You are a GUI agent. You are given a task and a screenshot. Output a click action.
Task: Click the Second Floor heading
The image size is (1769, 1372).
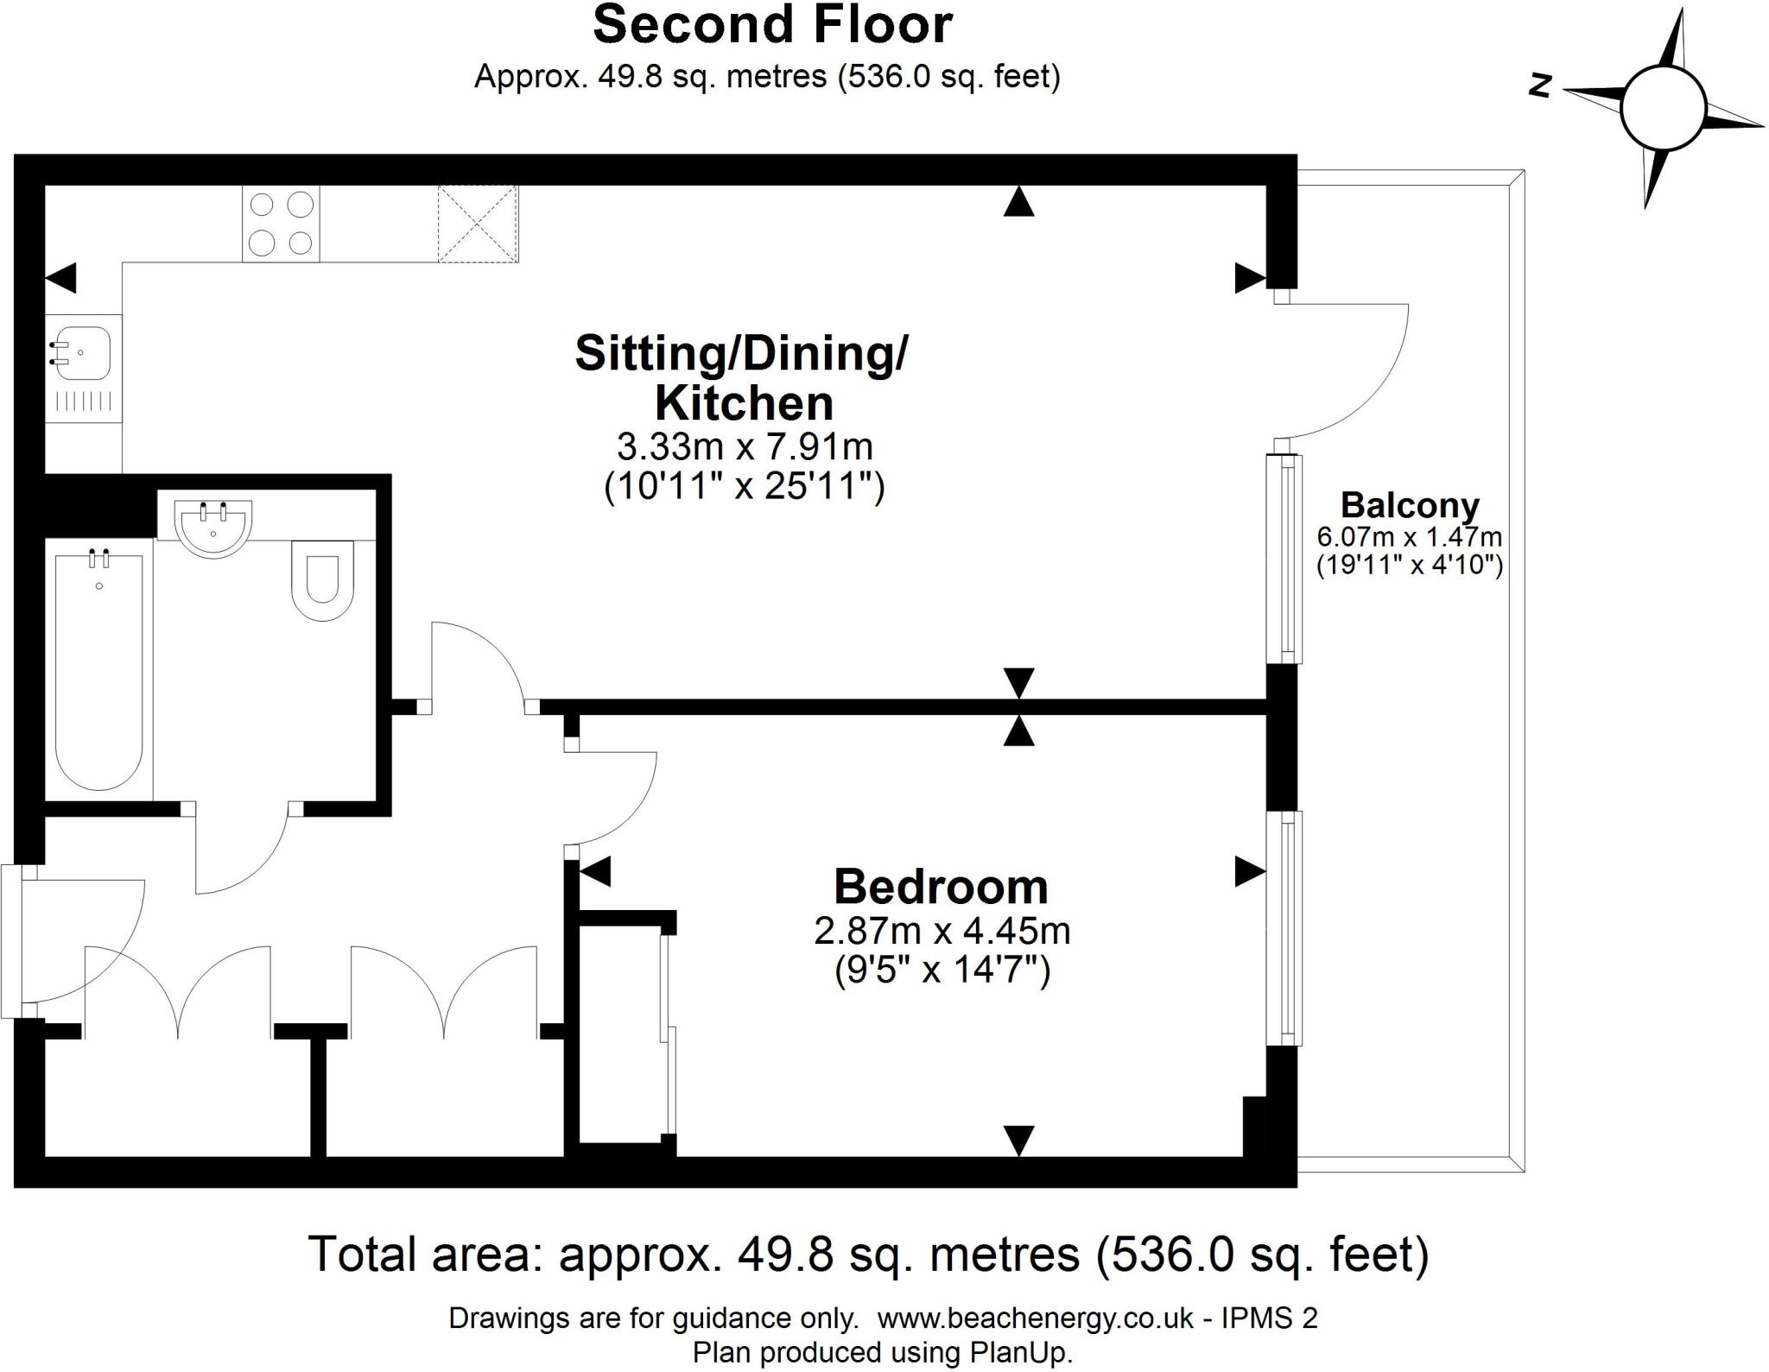(772, 26)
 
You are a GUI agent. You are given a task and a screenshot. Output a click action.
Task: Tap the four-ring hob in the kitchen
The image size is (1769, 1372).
(281, 224)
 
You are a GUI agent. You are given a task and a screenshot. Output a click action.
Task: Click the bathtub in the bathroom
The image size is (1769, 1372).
(98, 670)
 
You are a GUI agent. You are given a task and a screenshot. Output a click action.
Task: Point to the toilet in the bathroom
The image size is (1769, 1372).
(323, 579)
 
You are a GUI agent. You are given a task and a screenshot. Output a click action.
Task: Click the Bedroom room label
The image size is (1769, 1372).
(940, 887)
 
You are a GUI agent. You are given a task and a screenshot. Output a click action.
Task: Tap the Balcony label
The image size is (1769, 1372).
(1409, 505)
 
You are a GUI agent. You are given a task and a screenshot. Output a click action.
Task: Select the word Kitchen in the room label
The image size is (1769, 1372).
(744, 403)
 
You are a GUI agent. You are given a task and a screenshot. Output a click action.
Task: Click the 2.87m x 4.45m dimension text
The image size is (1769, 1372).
(942, 931)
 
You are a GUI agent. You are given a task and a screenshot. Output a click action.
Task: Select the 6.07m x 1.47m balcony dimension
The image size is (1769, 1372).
(1409, 537)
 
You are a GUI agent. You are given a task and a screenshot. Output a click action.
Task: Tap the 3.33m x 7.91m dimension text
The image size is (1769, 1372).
(744, 447)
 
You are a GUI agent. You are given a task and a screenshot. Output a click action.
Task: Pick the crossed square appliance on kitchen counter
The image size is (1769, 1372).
(478, 223)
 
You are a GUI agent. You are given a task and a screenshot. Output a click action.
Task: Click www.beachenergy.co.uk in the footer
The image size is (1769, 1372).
(1035, 1318)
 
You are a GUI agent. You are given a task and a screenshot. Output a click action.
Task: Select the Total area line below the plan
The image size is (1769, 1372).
(868, 1255)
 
